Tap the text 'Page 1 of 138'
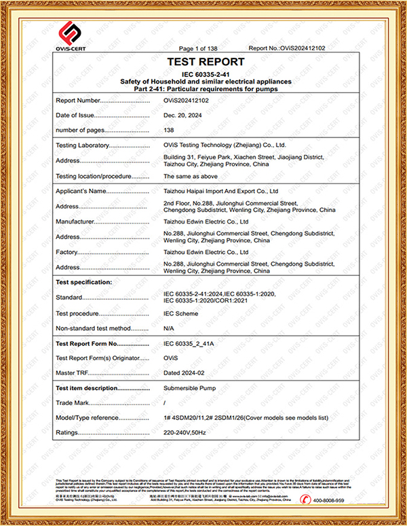tap(197, 48)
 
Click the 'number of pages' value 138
tap(169, 130)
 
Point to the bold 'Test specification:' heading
tap(83, 281)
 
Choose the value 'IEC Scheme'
tap(181, 313)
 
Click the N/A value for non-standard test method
tap(170, 328)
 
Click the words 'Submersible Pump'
tap(191, 387)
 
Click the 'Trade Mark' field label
tap(72, 403)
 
